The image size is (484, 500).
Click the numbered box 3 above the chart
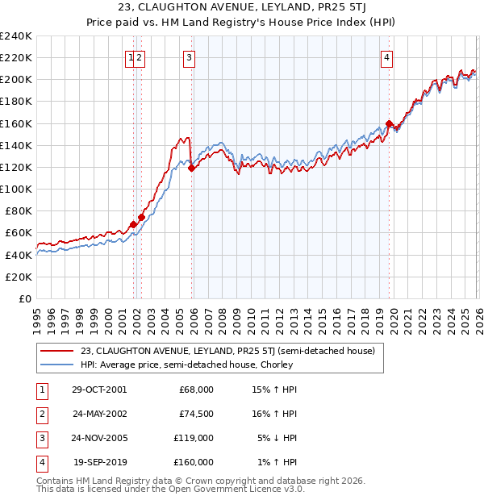(x=189, y=57)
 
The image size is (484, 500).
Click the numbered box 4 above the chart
(x=387, y=57)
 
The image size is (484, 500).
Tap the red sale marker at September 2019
(x=389, y=123)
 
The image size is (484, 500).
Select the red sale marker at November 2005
(x=191, y=169)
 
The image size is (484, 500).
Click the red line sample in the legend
(x=56, y=351)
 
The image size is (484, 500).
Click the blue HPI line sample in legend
(x=56, y=365)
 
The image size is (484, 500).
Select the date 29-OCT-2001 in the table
(x=99, y=390)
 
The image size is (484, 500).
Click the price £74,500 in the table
(x=195, y=414)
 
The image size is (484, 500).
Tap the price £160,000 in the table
(x=193, y=462)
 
